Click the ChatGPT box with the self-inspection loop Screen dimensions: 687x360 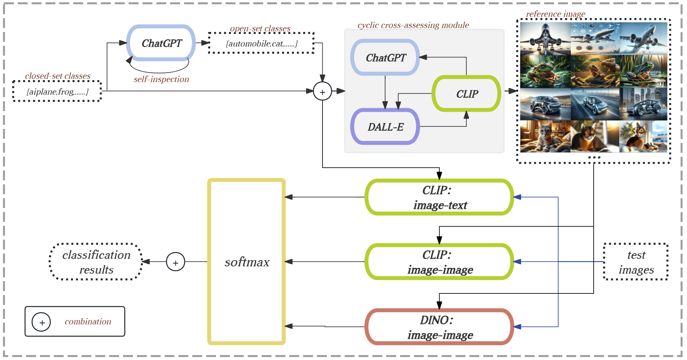click(x=161, y=43)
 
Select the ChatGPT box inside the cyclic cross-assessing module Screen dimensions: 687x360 click(x=385, y=57)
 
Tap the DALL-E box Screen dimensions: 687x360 click(x=385, y=127)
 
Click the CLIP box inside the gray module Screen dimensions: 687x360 click(x=467, y=94)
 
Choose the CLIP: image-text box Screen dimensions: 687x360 click(x=439, y=197)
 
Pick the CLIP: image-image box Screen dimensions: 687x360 click(x=439, y=262)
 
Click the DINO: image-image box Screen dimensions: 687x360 click(x=439, y=327)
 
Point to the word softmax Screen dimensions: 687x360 click(x=247, y=262)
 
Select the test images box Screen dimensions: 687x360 click(x=636, y=262)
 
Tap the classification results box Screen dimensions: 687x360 click(x=96, y=262)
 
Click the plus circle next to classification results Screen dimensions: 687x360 click(x=175, y=262)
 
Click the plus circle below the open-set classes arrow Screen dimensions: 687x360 click(x=322, y=91)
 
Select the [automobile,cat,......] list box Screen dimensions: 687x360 click(x=261, y=43)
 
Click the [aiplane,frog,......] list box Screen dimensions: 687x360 click(x=57, y=91)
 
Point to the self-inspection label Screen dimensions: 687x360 click(x=161, y=79)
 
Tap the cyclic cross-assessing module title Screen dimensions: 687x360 click(x=413, y=25)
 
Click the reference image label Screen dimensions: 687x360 click(x=555, y=14)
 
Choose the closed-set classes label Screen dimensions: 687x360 click(x=58, y=76)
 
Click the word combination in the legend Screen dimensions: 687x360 click(x=88, y=321)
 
